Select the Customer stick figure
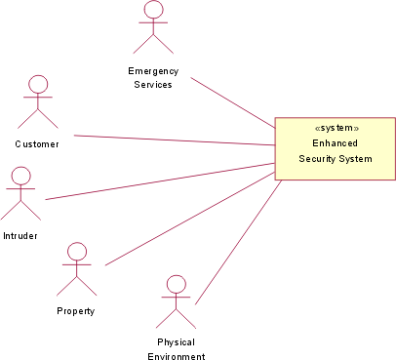point(37,100)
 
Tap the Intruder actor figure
point(20,192)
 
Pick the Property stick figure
point(76,268)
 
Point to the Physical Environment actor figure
point(176,300)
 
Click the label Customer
point(37,144)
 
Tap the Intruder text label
point(20,236)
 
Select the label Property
point(76,311)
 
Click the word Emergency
point(152,70)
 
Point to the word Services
point(152,84)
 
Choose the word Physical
point(176,342)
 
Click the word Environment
point(176,356)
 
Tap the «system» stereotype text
point(336,128)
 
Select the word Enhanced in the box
point(336,142)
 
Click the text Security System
point(336,158)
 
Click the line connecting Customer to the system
point(176,142)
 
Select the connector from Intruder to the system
point(161,180)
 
